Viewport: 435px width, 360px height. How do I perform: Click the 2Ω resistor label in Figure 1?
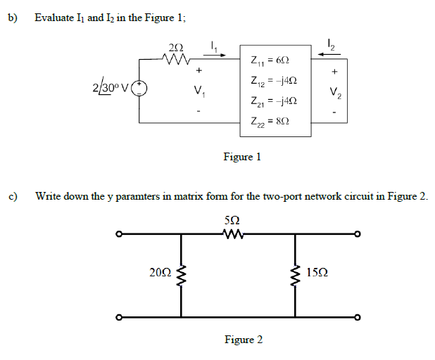[x=176, y=48]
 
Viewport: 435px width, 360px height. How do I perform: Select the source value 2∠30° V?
[x=110, y=89]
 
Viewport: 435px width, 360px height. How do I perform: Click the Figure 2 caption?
[x=244, y=340]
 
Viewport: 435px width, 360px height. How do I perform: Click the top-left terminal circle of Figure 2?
[x=120, y=234]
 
